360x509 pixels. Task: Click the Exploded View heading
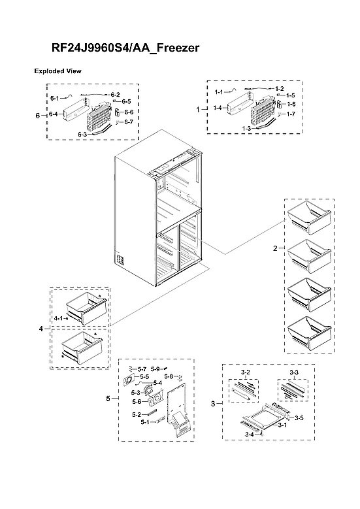coord(57,71)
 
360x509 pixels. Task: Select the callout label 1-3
coord(246,129)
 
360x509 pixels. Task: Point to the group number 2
coord(275,248)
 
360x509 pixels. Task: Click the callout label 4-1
coord(58,318)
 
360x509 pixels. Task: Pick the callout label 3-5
coord(299,418)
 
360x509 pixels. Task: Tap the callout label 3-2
coord(246,372)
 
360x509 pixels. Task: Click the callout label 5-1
coord(145,422)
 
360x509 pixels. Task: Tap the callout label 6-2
coord(115,95)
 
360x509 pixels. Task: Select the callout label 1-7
coord(291,114)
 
